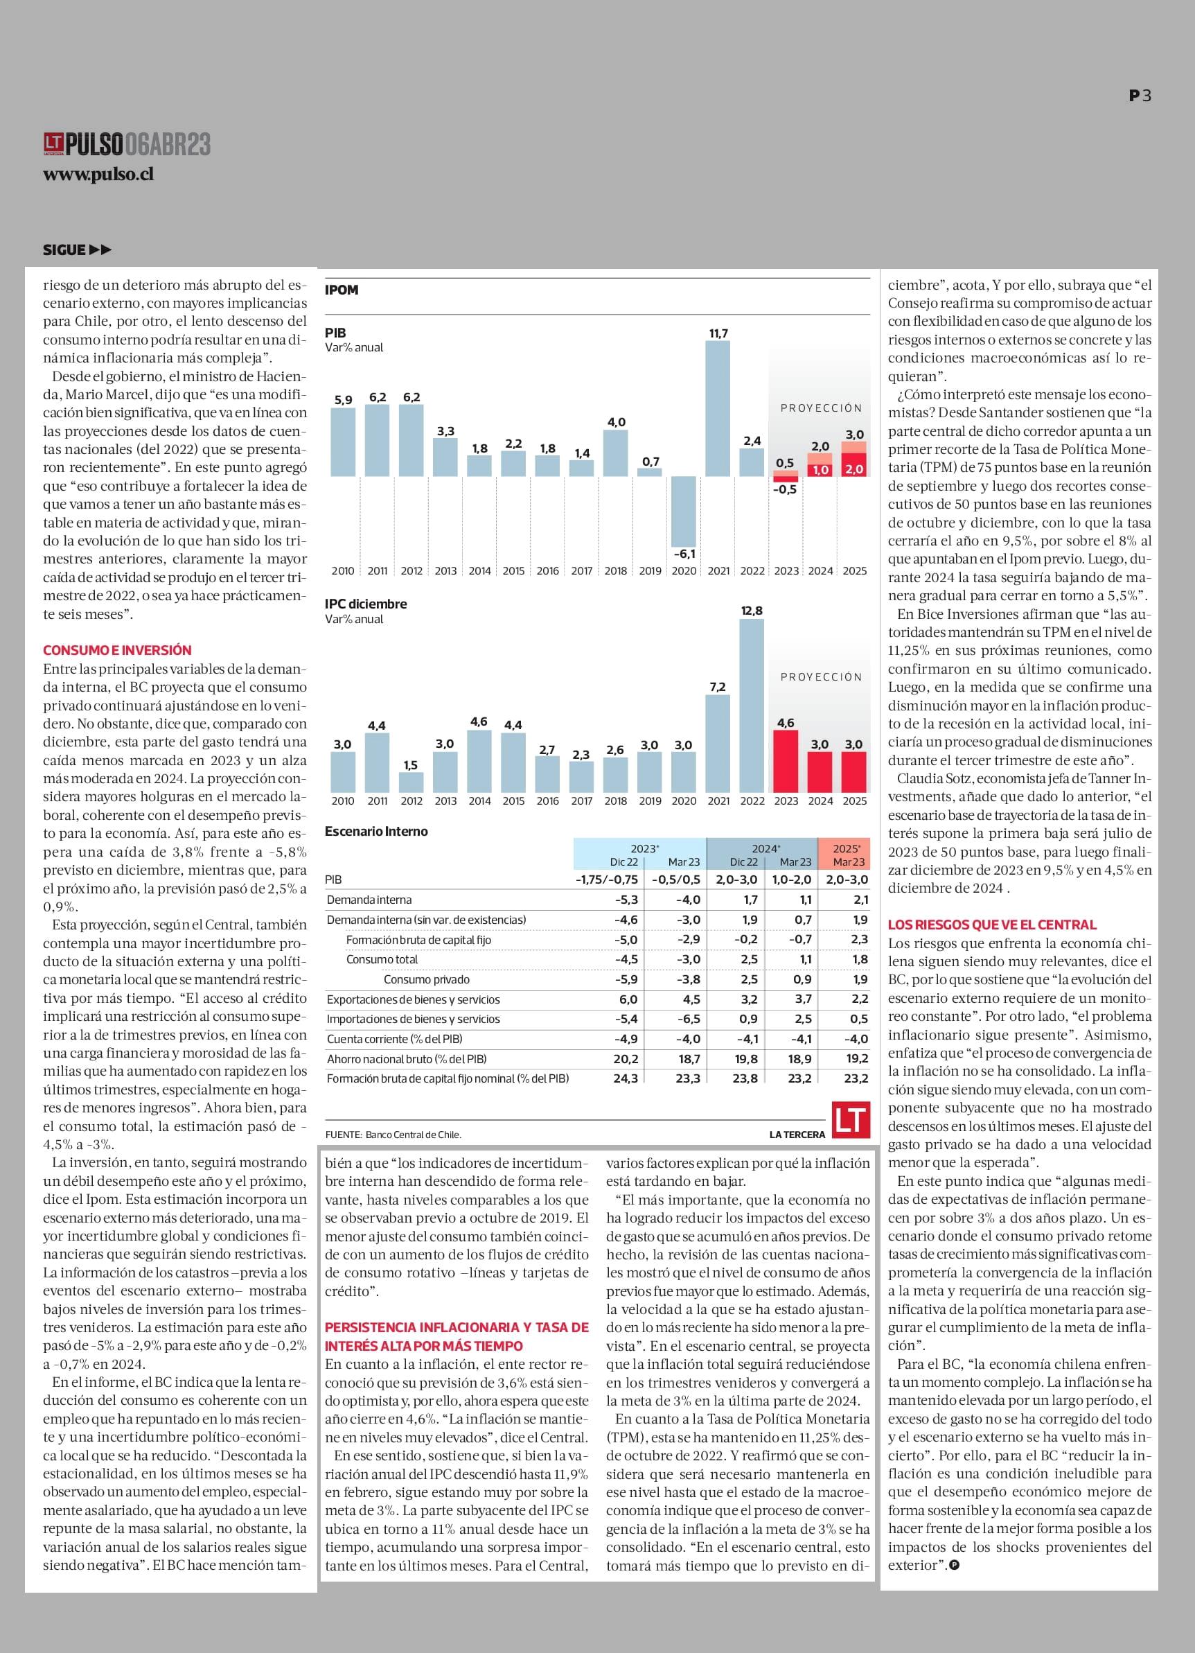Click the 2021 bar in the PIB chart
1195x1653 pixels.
click(x=718, y=408)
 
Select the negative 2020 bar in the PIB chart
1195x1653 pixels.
click(x=684, y=511)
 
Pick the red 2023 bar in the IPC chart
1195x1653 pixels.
click(x=786, y=761)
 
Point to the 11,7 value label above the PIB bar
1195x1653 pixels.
click(x=718, y=333)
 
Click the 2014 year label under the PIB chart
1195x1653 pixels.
click(x=479, y=570)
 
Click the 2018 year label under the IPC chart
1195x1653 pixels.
click(x=616, y=801)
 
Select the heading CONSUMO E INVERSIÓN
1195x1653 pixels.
click(x=117, y=650)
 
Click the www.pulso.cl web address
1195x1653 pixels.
click(x=98, y=175)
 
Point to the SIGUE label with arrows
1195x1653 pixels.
click(x=77, y=250)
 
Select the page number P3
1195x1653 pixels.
click(x=1140, y=96)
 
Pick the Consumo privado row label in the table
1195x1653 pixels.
click(x=426, y=979)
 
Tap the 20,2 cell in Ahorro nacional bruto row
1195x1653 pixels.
click(x=626, y=1059)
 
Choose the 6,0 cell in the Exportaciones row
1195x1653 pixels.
click(x=628, y=999)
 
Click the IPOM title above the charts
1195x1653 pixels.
click(x=342, y=290)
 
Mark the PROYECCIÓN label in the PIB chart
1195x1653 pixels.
click(x=821, y=408)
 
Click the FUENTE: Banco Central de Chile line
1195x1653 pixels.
click(x=393, y=1135)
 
